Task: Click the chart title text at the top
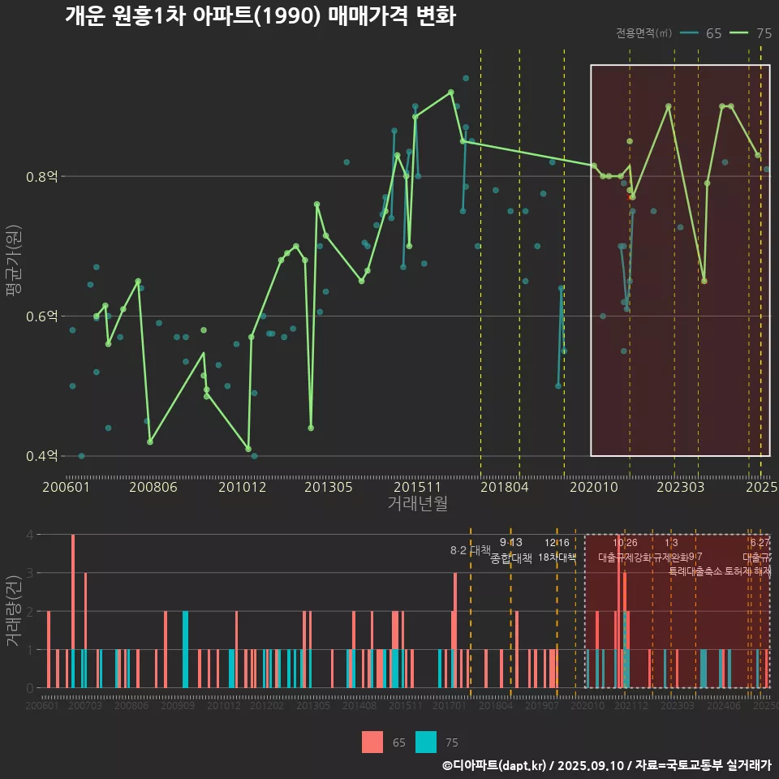click(260, 16)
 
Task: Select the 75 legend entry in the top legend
click(751, 33)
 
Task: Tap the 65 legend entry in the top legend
click(702, 33)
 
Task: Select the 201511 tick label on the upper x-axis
click(415, 487)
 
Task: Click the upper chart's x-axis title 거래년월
click(417, 504)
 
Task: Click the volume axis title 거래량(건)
click(14, 610)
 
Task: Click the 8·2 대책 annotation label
click(476, 549)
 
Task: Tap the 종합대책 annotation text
click(511, 558)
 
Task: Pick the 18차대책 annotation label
click(557, 557)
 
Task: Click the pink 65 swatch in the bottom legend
click(372, 742)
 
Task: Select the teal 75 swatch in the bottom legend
click(425, 742)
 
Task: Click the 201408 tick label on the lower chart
click(359, 707)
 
